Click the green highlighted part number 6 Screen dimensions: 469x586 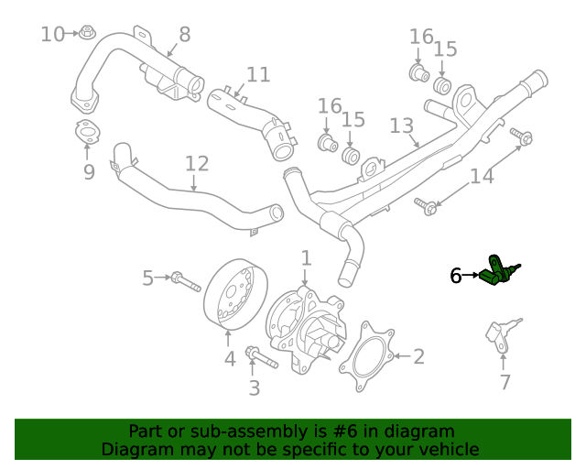pyautogui.click(x=499, y=274)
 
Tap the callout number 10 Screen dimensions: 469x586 pyautogui.click(x=53, y=35)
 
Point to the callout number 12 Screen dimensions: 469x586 pyautogui.click(x=197, y=164)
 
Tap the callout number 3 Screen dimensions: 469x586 pyautogui.click(x=255, y=387)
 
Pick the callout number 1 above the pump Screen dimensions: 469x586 pyautogui.click(x=306, y=258)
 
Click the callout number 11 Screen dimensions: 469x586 pyautogui.click(x=258, y=74)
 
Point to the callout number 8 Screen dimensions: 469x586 pyautogui.click(x=184, y=35)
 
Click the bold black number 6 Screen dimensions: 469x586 pyautogui.click(x=456, y=275)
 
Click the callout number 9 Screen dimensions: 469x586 pyautogui.click(x=89, y=172)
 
